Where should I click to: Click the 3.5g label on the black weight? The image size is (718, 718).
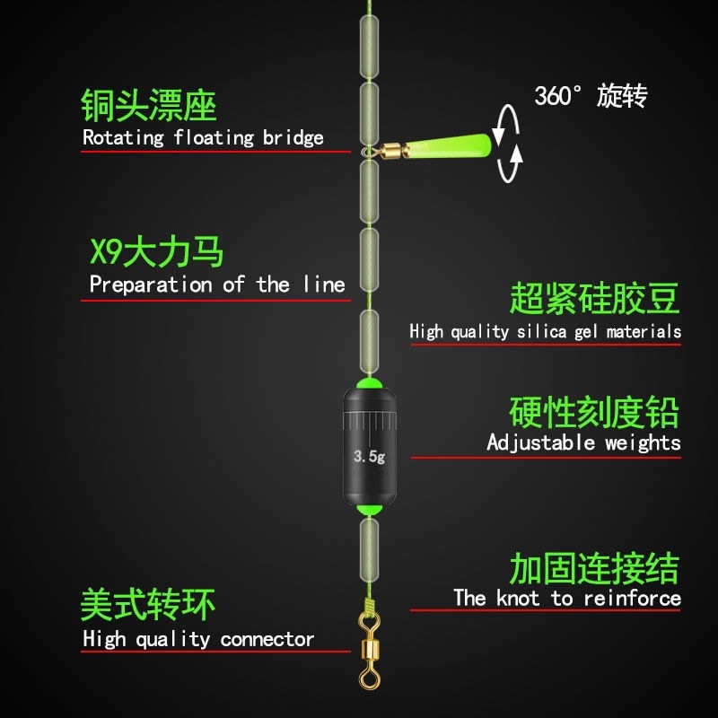(x=369, y=457)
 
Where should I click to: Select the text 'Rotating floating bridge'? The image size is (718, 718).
(x=203, y=138)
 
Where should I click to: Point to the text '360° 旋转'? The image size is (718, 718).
(x=591, y=96)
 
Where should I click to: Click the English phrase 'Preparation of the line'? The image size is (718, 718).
(x=217, y=285)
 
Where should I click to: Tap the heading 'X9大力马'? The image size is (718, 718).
(x=156, y=253)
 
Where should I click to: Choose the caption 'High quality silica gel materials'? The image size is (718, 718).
(x=545, y=332)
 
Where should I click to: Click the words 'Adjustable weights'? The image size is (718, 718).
(x=583, y=442)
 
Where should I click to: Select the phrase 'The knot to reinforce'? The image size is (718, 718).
(x=566, y=598)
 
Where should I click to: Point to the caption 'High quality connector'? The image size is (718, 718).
(x=198, y=639)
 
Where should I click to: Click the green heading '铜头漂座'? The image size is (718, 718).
(x=149, y=106)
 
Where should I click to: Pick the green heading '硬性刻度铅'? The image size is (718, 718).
(x=594, y=412)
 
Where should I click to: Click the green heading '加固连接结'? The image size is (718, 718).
(x=594, y=568)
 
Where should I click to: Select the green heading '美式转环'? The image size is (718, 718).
(x=148, y=606)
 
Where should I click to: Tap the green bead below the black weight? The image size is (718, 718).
(x=368, y=511)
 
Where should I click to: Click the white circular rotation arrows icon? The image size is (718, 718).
(x=509, y=144)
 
